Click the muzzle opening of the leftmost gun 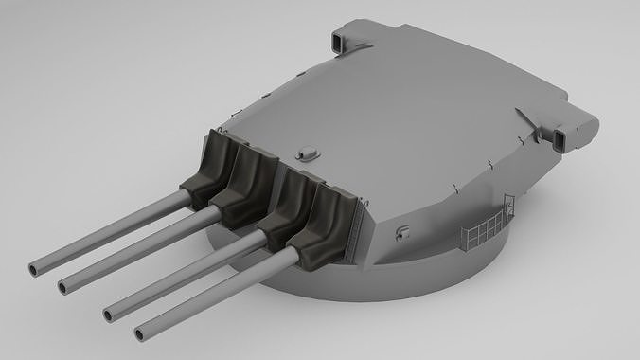click(36, 268)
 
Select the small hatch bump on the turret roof click(307, 152)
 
